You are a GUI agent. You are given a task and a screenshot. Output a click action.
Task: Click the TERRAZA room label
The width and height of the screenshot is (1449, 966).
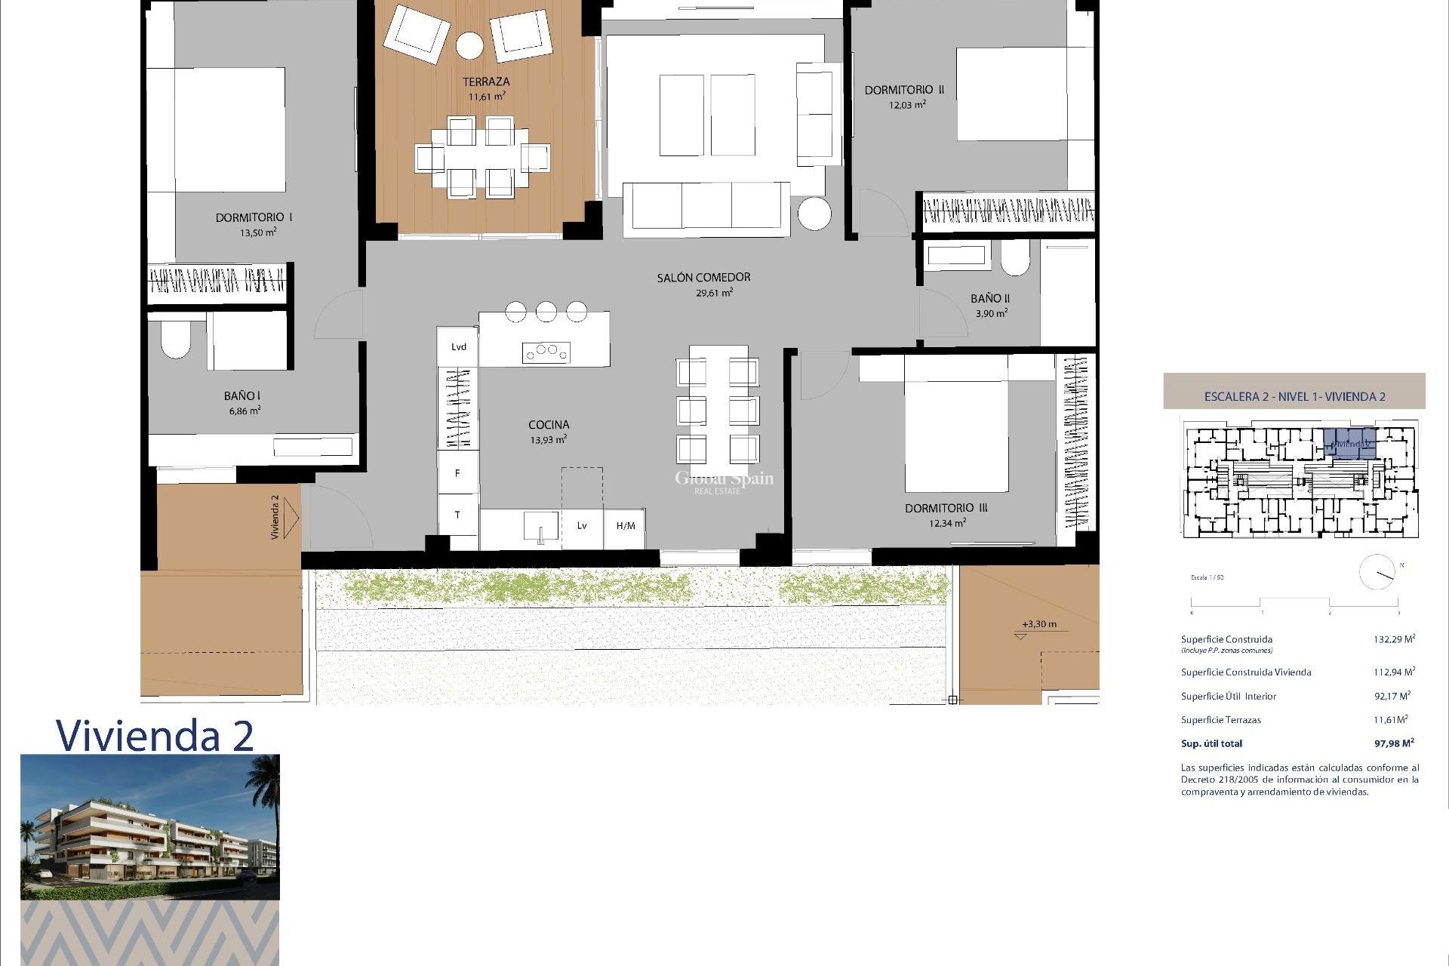click(486, 82)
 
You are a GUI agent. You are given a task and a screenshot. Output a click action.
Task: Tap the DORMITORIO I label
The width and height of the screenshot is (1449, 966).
click(254, 217)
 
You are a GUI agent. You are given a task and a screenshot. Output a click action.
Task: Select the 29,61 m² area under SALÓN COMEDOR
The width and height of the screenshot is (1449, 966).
click(713, 293)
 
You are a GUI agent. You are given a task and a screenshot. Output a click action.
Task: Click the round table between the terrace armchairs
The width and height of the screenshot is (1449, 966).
click(469, 45)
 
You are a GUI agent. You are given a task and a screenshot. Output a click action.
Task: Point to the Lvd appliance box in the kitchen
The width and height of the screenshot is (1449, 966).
click(458, 347)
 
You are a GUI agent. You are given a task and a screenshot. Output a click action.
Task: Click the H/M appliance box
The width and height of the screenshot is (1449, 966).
click(625, 526)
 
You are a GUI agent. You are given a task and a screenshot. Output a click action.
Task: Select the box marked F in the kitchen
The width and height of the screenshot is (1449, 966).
click(457, 473)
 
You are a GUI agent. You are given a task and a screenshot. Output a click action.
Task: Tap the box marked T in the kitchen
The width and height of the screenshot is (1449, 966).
click(457, 515)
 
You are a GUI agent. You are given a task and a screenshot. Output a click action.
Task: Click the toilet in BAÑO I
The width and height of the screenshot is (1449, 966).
click(176, 340)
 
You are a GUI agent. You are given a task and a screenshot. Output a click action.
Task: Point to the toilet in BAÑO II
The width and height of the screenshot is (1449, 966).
click(1014, 259)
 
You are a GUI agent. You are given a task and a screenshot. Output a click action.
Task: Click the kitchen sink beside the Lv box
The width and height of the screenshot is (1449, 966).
click(540, 526)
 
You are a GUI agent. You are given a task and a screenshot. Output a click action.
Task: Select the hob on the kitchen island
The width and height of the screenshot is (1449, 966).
click(546, 351)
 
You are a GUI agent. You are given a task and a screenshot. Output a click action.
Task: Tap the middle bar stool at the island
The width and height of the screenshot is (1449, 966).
click(546, 311)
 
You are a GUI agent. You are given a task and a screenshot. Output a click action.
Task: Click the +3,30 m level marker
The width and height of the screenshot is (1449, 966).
click(1038, 624)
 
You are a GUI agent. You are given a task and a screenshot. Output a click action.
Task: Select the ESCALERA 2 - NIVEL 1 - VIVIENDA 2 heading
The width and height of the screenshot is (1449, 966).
click(1294, 396)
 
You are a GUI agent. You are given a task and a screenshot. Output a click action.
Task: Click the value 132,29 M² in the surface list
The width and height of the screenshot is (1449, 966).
click(1393, 639)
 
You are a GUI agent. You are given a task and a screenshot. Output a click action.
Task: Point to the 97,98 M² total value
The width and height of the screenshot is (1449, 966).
click(1393, 743)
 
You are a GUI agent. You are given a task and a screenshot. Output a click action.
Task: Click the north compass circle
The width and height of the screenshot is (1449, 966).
click(1377, 573)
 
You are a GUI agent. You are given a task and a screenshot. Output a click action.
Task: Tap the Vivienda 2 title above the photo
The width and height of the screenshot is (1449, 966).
click(155, 735)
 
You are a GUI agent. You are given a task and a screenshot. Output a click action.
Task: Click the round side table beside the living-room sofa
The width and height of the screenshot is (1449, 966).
click(814, 213)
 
